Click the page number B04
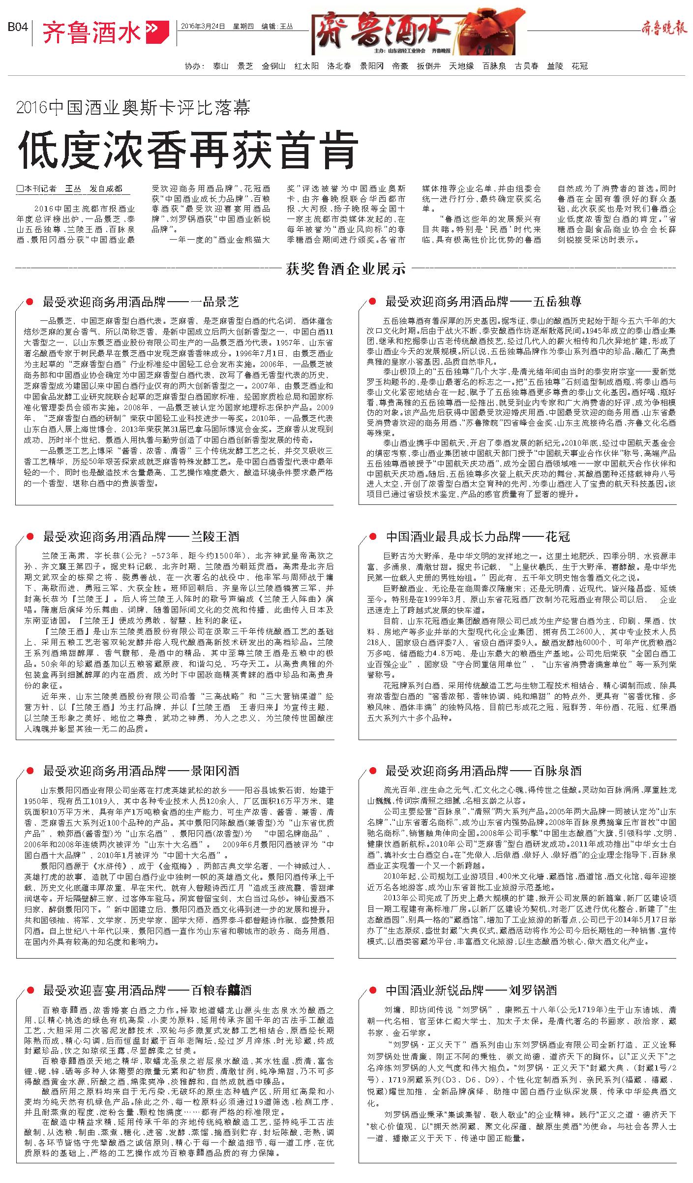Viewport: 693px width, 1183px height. (x=17, y=28)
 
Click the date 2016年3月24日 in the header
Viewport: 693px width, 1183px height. (x=203, y=26)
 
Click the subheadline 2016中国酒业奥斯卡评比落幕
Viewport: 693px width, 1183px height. (x=133, y=107)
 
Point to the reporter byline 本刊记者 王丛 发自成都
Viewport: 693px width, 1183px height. (x=70, y=188)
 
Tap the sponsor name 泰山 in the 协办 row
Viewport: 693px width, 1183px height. (x=221, y=66)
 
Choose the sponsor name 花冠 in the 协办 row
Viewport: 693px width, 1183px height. (x=580, y=66)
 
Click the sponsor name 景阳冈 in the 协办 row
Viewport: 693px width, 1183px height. (x=371, y=66)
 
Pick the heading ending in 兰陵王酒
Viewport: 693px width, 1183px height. (x=141, y=536)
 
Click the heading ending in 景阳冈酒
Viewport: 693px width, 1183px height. (x=141, y=771)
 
